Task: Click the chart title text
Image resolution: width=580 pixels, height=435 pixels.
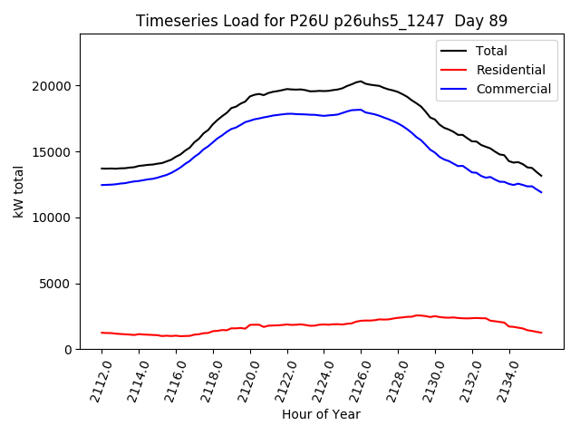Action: (322, 21)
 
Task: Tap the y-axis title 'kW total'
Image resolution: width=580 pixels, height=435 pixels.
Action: (19, 191)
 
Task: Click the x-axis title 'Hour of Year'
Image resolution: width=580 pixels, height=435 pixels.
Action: (321, 414)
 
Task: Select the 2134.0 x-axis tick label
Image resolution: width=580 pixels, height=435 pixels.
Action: (503, 380)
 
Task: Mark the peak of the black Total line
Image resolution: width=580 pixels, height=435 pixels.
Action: (360, 81)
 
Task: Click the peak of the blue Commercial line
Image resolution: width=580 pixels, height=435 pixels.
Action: (360, 110)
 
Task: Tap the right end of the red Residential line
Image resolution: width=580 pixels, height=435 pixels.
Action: (541, 333)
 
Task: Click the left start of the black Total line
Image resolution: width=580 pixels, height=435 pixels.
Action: (101, 169)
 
